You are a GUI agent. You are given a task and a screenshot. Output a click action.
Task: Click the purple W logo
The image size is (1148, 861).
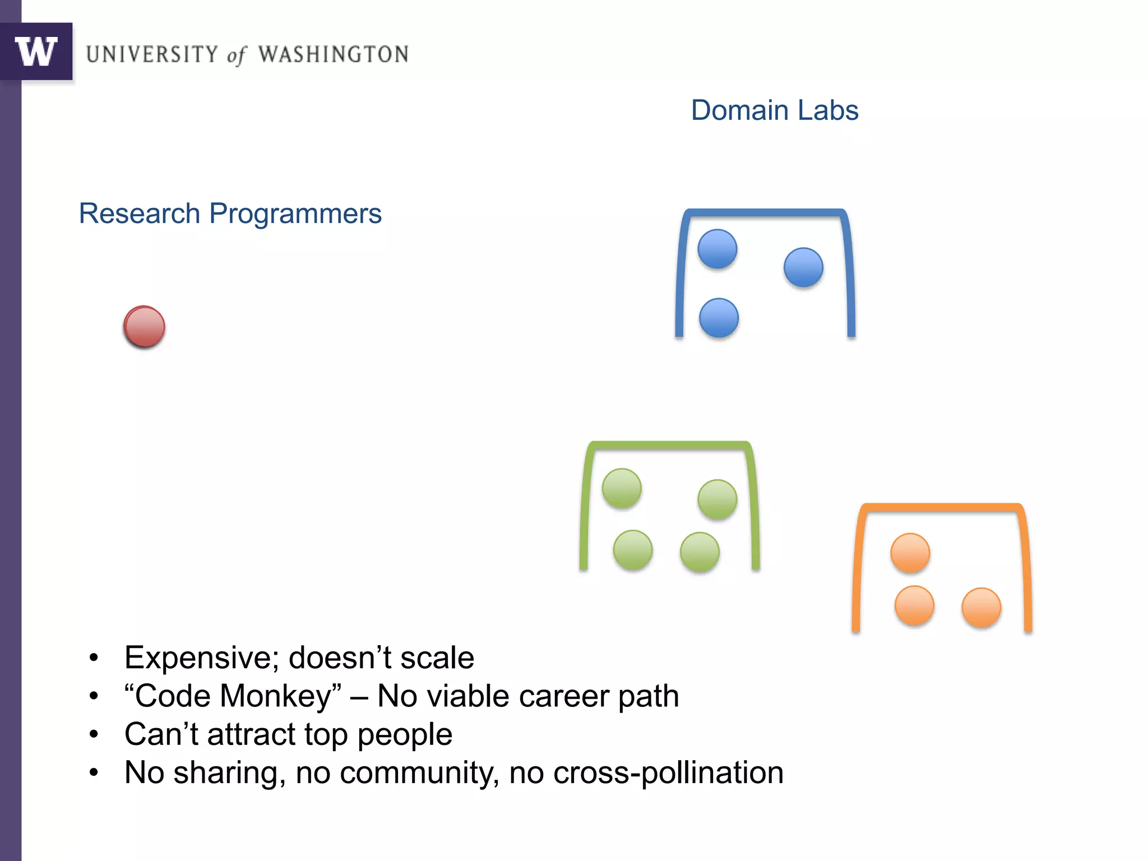tap(36, 52)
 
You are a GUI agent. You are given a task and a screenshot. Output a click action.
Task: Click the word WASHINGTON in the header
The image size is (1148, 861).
tap(333, 54)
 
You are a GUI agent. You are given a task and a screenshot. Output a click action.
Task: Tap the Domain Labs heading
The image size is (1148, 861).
tap(774, 110)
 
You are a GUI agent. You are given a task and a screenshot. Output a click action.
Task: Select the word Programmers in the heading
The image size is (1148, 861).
tap(295, 214)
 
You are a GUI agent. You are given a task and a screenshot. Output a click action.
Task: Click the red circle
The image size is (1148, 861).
tap(144, 326)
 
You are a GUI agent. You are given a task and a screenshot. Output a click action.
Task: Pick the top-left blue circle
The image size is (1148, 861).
tap(717, 249)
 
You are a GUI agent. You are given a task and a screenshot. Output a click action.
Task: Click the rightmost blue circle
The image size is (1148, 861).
tap(803, 267)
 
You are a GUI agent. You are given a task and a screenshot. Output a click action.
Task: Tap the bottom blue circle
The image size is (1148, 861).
tap(719, 318)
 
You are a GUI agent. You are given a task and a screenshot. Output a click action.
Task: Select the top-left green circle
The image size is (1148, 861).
tap(622, 488)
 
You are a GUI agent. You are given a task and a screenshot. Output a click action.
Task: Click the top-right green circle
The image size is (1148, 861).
tap(717, 499)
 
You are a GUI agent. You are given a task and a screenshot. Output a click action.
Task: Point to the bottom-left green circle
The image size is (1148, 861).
tap(633, 550)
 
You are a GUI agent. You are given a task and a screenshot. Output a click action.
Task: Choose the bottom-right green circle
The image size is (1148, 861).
tap(700, 552)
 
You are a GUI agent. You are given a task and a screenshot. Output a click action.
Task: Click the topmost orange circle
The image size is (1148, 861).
tap(910, 553)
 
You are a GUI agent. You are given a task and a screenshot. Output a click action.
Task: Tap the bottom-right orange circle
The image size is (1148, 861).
tap(981, 607)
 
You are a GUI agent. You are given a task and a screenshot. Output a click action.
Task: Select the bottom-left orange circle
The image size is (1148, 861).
tap(914, 605)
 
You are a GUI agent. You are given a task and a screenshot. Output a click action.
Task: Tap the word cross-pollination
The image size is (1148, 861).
tap(668, 772)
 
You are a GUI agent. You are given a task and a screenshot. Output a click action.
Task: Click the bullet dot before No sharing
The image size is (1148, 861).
tap(94, 773)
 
